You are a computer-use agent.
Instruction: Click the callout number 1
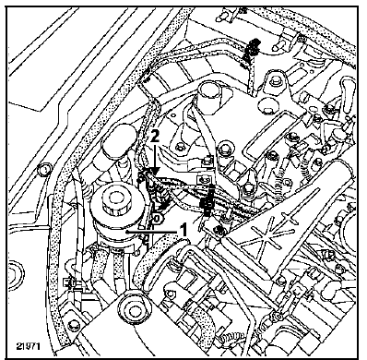[183, 230]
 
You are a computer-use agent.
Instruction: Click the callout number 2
[155, 137]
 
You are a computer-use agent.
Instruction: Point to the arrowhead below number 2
[156, 171]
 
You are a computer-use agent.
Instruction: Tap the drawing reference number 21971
[28, 346]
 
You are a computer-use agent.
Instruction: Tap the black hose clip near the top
[251, 49]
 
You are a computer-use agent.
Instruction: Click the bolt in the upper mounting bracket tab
[275, 80]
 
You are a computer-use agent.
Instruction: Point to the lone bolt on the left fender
[43, 169]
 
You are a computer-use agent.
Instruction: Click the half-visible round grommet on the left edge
[16, 275]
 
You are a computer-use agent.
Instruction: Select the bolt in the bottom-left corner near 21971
[74, 326]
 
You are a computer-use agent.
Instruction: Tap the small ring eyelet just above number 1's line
[157, 219]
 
